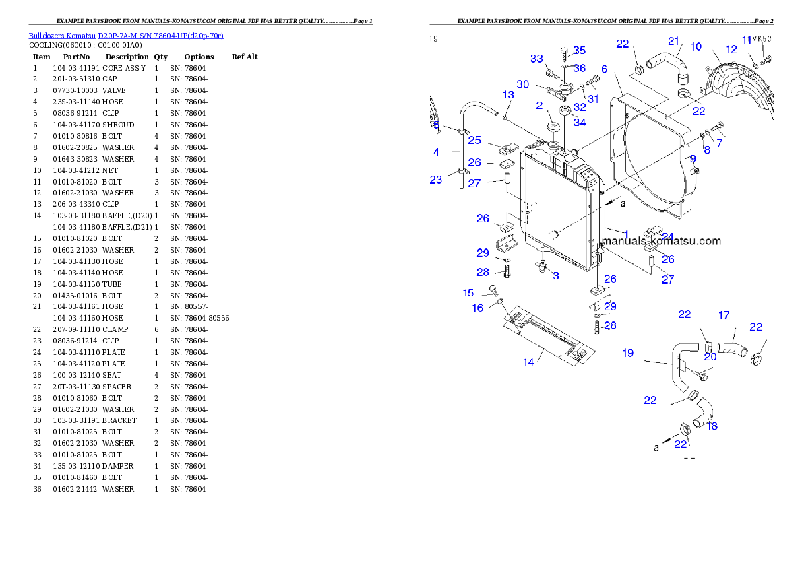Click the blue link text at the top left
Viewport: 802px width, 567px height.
point(126,36)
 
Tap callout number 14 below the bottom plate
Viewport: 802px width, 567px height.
point(528,362)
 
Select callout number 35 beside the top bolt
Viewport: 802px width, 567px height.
point(579,51)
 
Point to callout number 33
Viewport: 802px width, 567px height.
point(536,59)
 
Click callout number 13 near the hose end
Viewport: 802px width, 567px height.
point(508,94)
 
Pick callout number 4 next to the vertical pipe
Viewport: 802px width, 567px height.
point(436,153)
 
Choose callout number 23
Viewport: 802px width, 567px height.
point(436,180)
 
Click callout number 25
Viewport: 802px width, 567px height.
point(474,140)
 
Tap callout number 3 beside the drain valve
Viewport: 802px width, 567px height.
point(556,275)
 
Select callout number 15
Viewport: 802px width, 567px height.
point(468,293)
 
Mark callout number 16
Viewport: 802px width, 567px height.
point(478,308)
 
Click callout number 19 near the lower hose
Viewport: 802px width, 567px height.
point(627,353)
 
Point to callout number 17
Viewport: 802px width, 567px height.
point(724,315)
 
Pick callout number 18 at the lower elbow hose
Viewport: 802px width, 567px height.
point(712,426)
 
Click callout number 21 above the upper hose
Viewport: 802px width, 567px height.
point(674,42)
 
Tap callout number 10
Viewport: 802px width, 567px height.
point(696,47)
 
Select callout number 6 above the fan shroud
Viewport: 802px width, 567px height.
point(605,69)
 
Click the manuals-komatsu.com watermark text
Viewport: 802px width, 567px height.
point(660,241)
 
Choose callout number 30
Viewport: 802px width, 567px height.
point(523,85)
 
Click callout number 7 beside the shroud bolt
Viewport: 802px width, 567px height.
point(719,143)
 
